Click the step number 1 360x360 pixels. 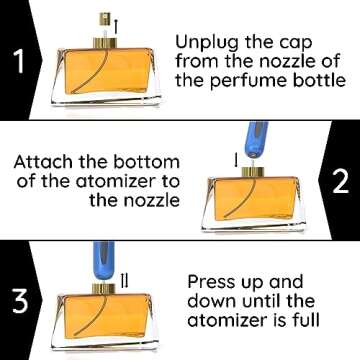coord(18,63)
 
